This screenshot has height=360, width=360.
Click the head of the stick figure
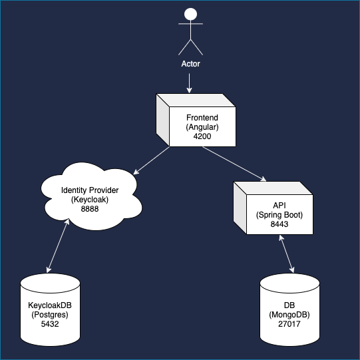pyautogui.click(x=190, y=14)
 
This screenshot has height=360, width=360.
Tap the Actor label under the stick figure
pyautogui.click(x=190, y=65)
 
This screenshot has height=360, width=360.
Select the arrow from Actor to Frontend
pyautogui.click(x=190, y=83)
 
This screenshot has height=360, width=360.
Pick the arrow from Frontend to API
pyautogui.click(x=234, y=164)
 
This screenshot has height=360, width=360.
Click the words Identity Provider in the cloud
pyautogui.click(x=90, y=190)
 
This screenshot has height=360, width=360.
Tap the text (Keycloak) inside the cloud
pyautogui.click(x=90, y=200)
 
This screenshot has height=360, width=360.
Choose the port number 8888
pyautogui.click(x=90, y=209)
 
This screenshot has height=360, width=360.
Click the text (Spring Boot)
pyautogui.click(x=279, y=215)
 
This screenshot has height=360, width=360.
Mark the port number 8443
pyautogui.click(x=279, y=225)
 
